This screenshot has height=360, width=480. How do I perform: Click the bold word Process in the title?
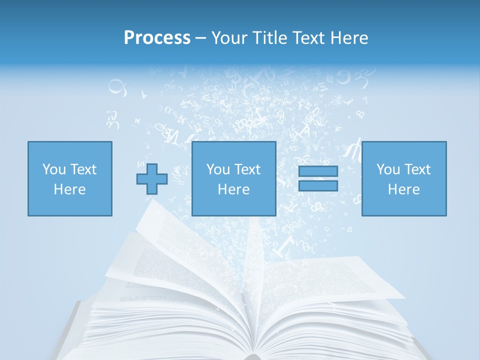(x=157, y=38)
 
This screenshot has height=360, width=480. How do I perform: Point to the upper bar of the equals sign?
(x=318, y=171)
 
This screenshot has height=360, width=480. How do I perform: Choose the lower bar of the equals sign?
(x=318, y=185)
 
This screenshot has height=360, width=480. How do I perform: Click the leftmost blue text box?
(x=69, y=178)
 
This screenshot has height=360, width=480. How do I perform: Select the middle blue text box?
(x=233, y=178)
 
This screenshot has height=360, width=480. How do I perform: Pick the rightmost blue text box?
(x=404, y=178)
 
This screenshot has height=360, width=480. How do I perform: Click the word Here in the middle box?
(x=233, y=189)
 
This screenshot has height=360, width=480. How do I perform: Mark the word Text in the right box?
(x=417, y=169)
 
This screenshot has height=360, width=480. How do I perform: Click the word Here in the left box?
(x=69, y=189)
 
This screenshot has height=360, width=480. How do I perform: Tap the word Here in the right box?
(x=404, y=189)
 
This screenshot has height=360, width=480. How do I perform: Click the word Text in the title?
(x=308, y=38)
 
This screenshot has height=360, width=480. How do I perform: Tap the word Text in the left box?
(x=83, y=169)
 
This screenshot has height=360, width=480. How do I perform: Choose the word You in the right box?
(x=388, y=169)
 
